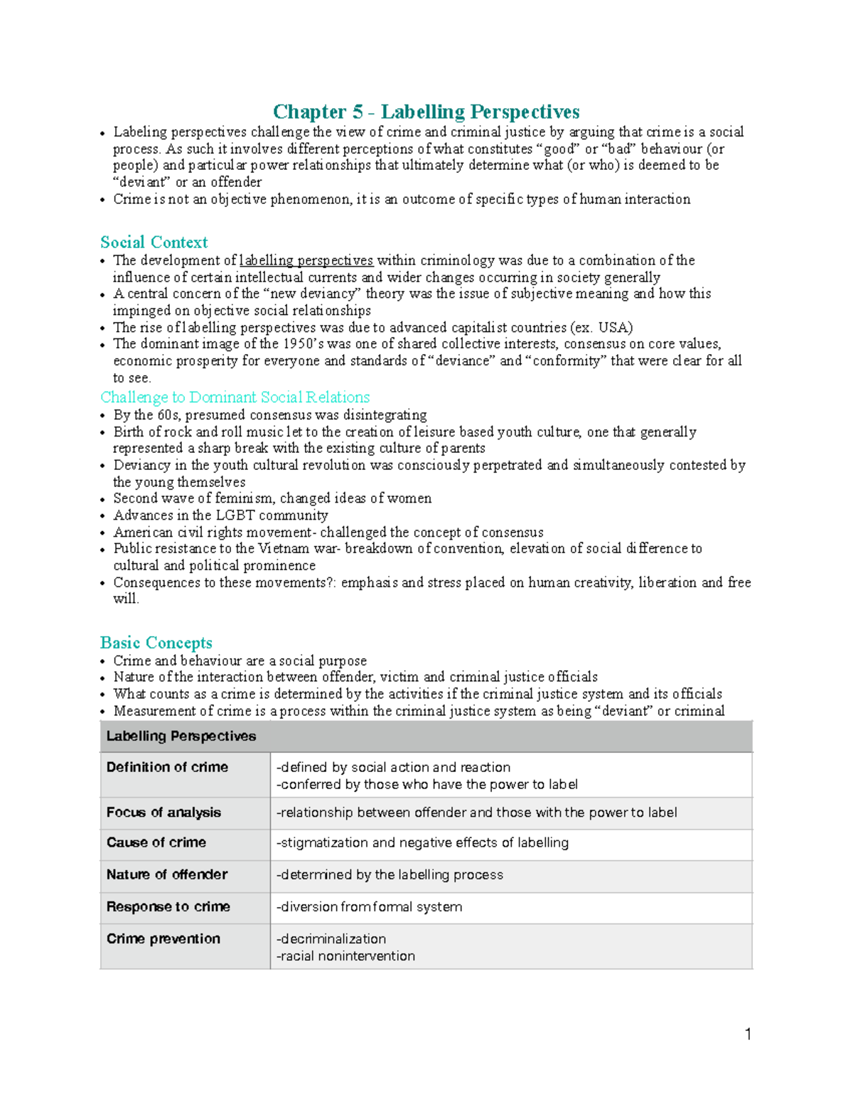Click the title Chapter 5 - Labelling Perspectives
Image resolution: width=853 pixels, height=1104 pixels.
click(x=426, y=112)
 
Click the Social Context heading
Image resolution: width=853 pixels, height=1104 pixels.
click(x=154, y=242)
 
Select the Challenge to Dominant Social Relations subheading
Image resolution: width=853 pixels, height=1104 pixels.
click(x=235, y=397)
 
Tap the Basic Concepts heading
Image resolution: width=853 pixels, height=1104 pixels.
click(x=156, y=643)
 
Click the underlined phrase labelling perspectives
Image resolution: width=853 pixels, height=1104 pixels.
click(x=306, y=260)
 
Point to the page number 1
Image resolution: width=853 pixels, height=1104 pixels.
click(x=748, y=1034)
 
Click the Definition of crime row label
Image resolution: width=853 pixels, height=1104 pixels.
click(x=167, y=767)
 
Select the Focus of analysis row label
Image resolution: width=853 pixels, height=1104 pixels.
click(x=163, y=813)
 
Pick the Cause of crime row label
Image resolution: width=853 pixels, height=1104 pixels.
click(x=156, y=842)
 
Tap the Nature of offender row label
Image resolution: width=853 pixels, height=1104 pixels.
click(x=166, y=874)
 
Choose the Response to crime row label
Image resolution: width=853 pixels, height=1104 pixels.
click(x=168, y=906)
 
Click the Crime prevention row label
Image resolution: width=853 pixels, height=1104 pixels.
click(x=163, y=938)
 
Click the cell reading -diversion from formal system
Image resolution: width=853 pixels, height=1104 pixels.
click(x=369, y=907)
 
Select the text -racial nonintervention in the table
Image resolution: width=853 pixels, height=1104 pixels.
click(x=345, y=956)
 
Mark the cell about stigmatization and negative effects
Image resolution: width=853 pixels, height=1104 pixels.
click(x=422, y=843)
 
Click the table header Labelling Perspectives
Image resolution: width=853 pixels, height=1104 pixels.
click(x=181, y=736)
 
